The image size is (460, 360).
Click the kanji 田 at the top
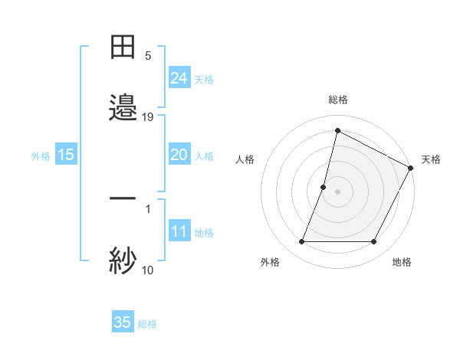(x=123, y=48)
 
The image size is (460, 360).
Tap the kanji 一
(x=123, y=198)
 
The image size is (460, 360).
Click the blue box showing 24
(x=179, y=77)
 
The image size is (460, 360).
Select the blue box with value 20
(x=179, y=155)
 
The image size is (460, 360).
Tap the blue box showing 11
(x=179, y=231)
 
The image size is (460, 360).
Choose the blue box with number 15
(x=66, y=155)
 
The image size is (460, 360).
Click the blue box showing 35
(x=123, y=322)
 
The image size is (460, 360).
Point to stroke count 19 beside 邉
(x=148, y=117)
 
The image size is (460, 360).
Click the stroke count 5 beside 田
(x=148, y=56)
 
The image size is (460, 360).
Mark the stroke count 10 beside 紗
(x=148, y=270)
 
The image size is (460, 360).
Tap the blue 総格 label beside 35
(x=147, y=324)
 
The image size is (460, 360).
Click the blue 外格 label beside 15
(x=41, y=155)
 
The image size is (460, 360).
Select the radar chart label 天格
(x=431, y=159)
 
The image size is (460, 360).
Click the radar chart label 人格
(x=245, y=159)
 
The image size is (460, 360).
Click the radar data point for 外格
(x=301, y=242)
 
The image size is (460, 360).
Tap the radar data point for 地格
(x=374, y=242)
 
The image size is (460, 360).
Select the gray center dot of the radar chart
(x=337, y=191)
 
